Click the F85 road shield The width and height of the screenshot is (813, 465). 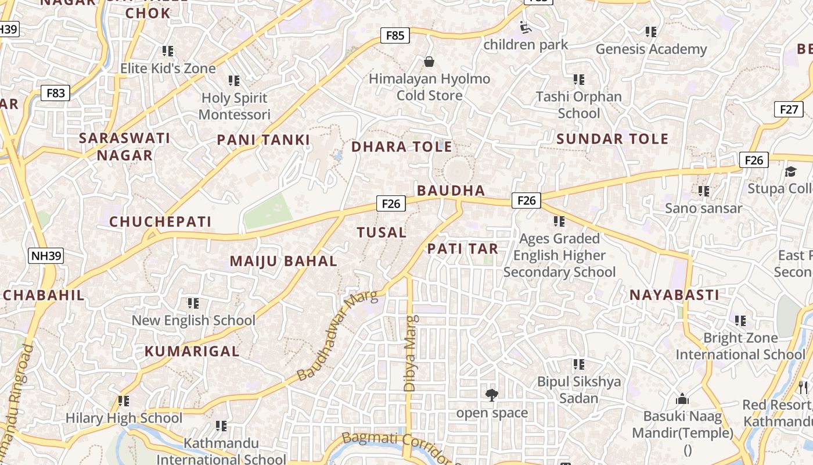pos(395,35)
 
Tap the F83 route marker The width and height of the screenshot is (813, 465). pos(56,92)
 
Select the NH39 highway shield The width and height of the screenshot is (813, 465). pos(45,255)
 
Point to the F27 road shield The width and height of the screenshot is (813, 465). pos(789,109)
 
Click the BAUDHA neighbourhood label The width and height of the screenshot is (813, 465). pos(451,190)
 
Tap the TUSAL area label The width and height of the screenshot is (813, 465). pos(382,233)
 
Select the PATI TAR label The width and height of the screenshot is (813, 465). pos(463,249)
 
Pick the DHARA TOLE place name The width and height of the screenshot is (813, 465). pos(401,146)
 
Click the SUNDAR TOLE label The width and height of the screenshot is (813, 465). pos(613,139)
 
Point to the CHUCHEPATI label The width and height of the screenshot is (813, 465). pos(160,221)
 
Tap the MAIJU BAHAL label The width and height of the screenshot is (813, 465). pos(283,261)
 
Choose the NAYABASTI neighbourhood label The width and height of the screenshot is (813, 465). pos(674,295)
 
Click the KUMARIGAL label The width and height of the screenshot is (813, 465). pos(192,351)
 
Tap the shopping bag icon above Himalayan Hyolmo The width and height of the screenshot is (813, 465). pos(429,61)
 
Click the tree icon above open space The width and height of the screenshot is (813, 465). pos(492,395)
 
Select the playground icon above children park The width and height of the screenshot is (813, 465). pos(526,27)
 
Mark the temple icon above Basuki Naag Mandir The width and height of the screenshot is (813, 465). pos(682,399)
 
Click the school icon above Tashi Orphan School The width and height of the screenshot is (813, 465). pos(578,79)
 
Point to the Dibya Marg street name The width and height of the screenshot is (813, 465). pos(411,353)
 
